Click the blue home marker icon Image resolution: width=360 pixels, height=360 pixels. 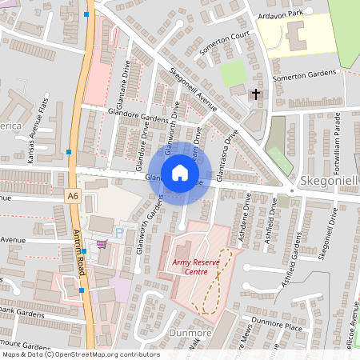(x=180, y=173)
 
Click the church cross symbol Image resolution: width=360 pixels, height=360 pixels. (x=256, y=95)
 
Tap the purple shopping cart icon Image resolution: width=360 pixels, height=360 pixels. (x=102, y=244)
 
